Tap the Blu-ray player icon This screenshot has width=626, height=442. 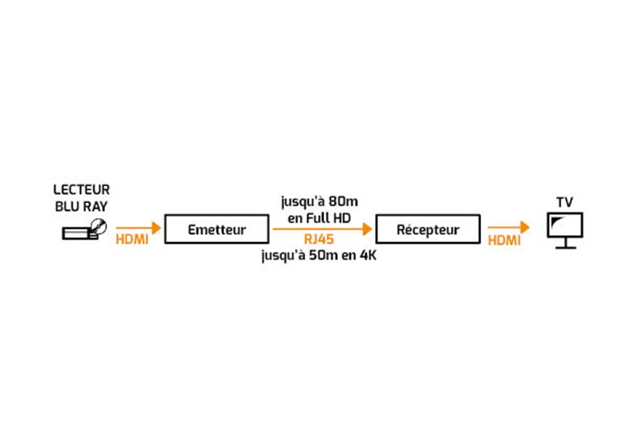point(85,230)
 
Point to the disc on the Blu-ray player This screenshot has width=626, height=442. point(99,226)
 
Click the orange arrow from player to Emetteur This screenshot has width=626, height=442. point(138,228)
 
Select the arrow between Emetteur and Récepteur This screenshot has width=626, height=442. point(322,229)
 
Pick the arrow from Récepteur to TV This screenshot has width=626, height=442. point(508,228)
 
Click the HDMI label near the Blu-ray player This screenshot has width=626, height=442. point(132,240)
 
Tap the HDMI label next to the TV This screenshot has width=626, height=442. point(504,240)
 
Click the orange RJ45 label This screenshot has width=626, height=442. point(319,240)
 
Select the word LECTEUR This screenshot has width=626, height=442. point(82,189)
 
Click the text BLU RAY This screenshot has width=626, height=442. point(82,207)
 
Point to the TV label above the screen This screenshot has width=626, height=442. point(564,202)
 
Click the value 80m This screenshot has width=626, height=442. point(344,201)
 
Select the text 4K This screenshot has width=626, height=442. point(368,255)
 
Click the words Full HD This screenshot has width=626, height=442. point(329,218)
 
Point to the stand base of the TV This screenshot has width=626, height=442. point(565,247)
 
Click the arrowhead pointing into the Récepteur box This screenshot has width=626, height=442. point(368,229)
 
